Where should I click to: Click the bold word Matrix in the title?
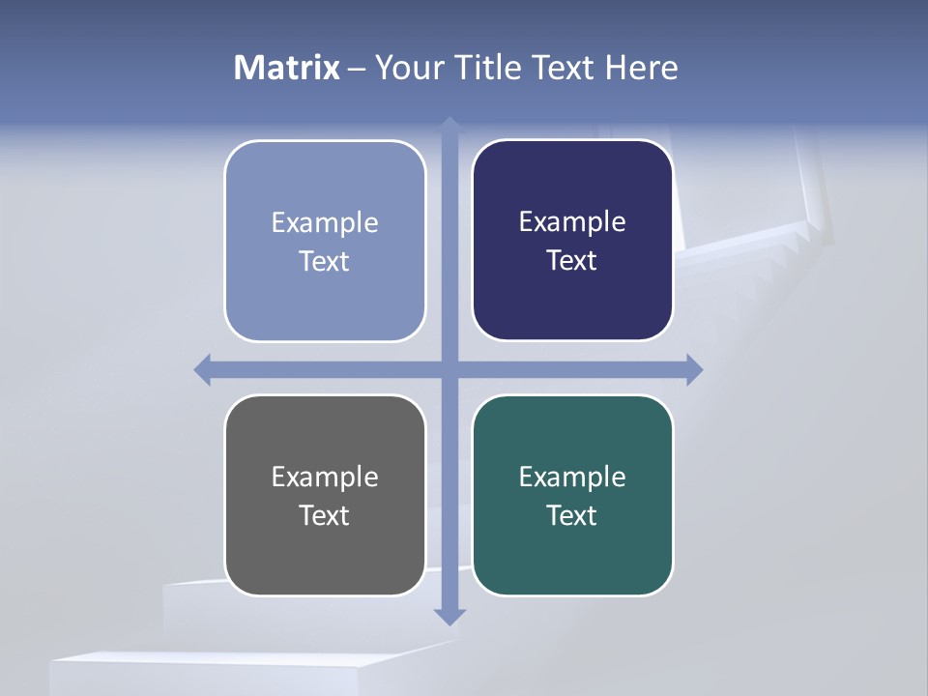coord(287,68)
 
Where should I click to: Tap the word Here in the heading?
coord(641,68)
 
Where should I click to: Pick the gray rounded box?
coord(325,556)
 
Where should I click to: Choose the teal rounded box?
coord(572,556)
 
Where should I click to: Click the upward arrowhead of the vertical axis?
coord(449,125)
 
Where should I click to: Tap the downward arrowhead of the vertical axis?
coord(449,617)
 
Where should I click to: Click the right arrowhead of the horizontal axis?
coord(694,369)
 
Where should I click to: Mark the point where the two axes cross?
coord(449,369)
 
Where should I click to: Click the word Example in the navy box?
coord(572,221)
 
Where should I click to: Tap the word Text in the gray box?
coord(324,515)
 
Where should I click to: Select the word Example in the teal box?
coord(572,477)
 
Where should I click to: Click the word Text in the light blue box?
coord(324,261)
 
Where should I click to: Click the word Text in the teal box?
coord(571,515)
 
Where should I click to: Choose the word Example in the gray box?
coord(325,477)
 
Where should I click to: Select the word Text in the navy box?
coord(571,260)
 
